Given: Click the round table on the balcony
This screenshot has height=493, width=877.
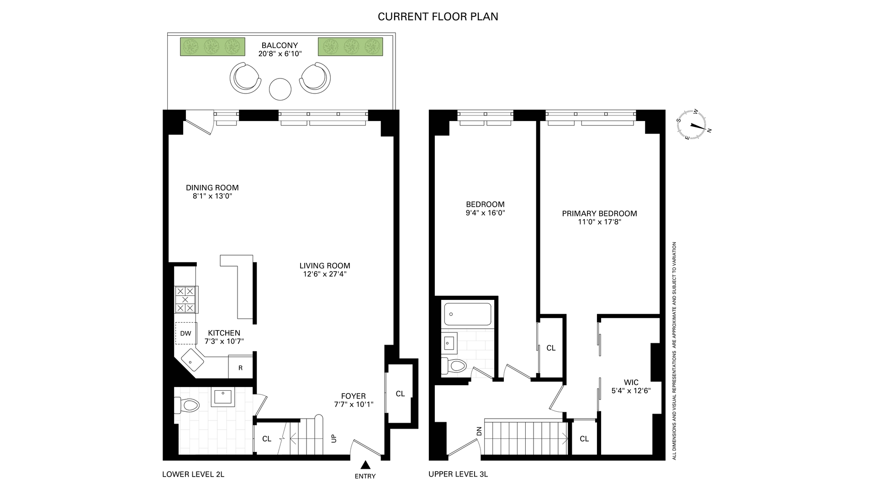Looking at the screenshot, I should point(280,89).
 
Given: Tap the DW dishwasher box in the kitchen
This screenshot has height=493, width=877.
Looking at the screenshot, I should point(186,333).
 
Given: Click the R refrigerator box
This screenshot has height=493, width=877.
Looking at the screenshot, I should point(240,367).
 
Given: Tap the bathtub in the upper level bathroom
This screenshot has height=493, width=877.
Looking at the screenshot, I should point(468,314).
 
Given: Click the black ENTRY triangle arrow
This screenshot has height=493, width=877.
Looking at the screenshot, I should point(365,465).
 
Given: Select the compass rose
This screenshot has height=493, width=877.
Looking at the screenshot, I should point(693,124).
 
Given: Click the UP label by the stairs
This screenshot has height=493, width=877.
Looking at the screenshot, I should point(334,438).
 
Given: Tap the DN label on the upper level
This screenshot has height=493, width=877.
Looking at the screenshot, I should point(479,431).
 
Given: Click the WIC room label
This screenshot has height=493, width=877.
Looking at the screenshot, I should point(631,382).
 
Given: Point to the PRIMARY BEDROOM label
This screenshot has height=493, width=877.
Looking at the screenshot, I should point(599,213).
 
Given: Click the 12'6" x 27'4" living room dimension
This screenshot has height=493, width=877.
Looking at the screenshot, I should point(325,274).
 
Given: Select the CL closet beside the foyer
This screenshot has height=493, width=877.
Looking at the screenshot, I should point(400,393).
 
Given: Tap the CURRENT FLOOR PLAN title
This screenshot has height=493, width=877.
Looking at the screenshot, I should point(438,17).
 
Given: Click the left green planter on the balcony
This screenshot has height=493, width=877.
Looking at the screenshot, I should point(212,47).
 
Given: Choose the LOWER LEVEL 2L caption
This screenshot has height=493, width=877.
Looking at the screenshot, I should point(193,474).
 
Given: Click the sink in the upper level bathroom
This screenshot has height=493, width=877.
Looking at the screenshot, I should point(449,342).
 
